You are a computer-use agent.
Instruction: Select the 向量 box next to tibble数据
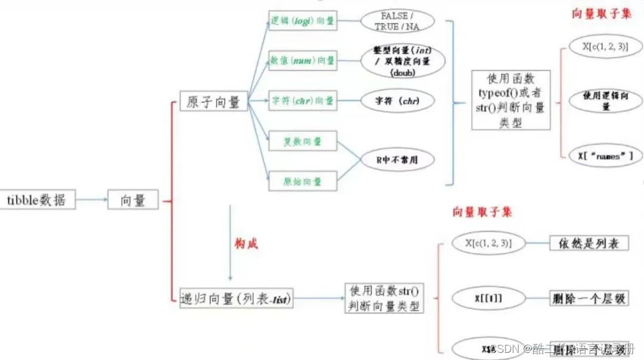[x=133, y=200]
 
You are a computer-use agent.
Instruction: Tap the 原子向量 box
[x=213, y=101]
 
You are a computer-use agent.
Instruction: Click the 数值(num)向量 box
[x=302, y=60]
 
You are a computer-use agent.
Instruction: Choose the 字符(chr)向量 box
[x=302, y=101]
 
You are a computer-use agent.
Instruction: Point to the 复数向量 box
[x=302, y=141]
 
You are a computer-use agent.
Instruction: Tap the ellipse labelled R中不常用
[x=397, y=160]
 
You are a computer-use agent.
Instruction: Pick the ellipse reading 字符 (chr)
[x=397, y=101]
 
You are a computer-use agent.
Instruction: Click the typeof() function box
[x=510, y=100]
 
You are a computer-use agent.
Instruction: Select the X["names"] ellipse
[x=605, y=156]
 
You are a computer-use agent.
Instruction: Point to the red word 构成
[x=246, y=243]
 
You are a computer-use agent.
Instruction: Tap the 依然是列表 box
[x=589, y=243]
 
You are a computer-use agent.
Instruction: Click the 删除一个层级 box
[x=589, y=299]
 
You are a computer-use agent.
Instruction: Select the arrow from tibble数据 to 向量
[x=92, y=200]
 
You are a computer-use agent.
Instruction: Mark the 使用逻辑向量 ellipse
[x=605, y=100]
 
